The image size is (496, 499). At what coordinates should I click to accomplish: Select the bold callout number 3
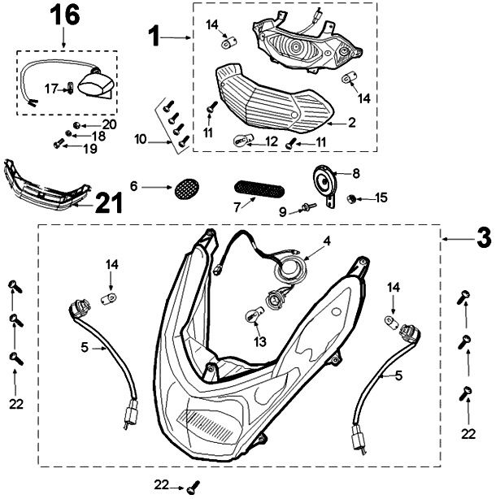pos(482,239)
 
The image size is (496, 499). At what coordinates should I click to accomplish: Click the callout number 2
pos(352,124)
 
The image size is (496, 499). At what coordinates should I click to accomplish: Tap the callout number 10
pos(141,140)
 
